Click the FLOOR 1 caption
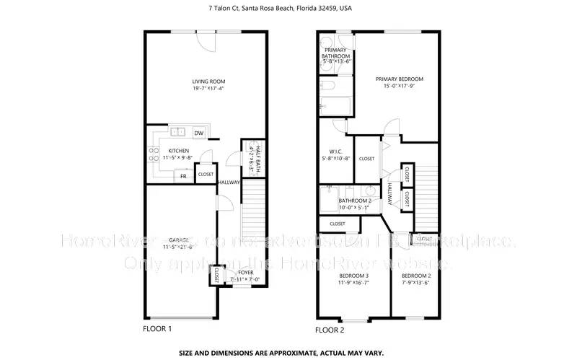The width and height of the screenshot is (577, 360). pos(157,329)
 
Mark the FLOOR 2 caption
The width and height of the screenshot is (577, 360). pos(330,330)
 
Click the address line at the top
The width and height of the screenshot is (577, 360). pos(288,9)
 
